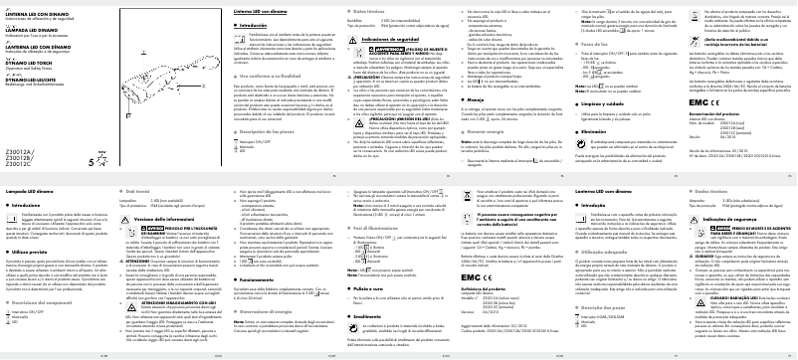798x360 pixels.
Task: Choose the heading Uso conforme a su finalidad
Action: (x=240, y=76)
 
